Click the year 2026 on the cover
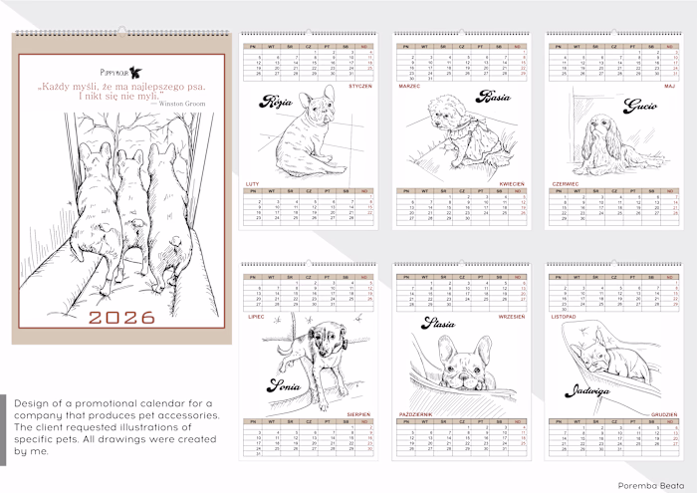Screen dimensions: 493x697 tap(121, 318)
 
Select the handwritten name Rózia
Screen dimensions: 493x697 tap(274, 102)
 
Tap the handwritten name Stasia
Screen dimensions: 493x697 tap(439, 323)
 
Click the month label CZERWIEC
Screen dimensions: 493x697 tap(565, 184)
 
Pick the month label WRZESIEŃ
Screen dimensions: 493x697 tap(511, 316)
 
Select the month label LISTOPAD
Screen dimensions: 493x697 tap(565, 316)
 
